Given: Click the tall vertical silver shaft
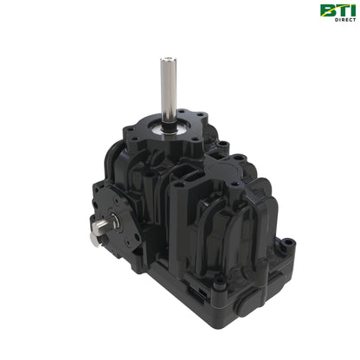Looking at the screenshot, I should [164, 87].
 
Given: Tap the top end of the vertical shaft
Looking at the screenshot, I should [164, 60].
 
